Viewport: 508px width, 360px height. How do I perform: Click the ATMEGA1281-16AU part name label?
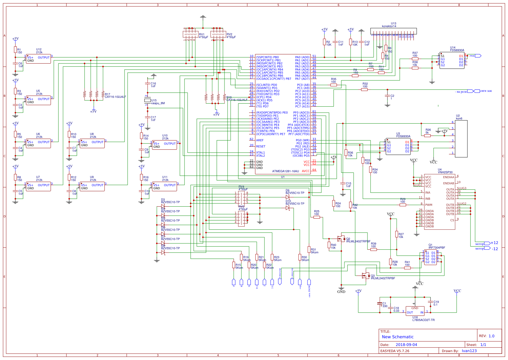click(285, 171)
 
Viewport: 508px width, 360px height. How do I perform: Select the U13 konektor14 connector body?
click(393, 31)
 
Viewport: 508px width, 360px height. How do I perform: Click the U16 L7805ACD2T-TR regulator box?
click(415, 311)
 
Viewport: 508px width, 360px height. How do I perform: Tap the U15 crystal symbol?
click(147, 100)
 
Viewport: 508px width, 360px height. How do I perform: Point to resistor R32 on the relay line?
click(364, 89)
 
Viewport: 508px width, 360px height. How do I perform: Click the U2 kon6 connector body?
click(461, 139)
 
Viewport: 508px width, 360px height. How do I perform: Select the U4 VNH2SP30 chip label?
click(445, 172)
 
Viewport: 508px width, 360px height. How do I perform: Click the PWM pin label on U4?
click(429, 205)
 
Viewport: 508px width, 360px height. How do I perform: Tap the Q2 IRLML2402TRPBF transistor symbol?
click(341, 239)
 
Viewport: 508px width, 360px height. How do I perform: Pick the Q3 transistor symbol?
click(366, 275)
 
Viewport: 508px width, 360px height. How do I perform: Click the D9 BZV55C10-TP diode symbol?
click(288, 197)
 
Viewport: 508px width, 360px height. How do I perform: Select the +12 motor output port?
click(487, 243)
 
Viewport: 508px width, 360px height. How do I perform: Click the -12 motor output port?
click(487, 248)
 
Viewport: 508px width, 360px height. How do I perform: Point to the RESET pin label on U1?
click(260, 146)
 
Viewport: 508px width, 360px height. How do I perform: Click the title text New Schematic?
click(398, 337)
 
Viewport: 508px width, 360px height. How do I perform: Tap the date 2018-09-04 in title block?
click(406, 345)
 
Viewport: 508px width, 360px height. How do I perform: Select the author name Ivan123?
click(469, 351)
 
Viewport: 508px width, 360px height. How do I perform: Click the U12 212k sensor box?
click(38, 59)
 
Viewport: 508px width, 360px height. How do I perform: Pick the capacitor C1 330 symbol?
click(380, 303)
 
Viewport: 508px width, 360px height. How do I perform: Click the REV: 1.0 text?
click(487, 336)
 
